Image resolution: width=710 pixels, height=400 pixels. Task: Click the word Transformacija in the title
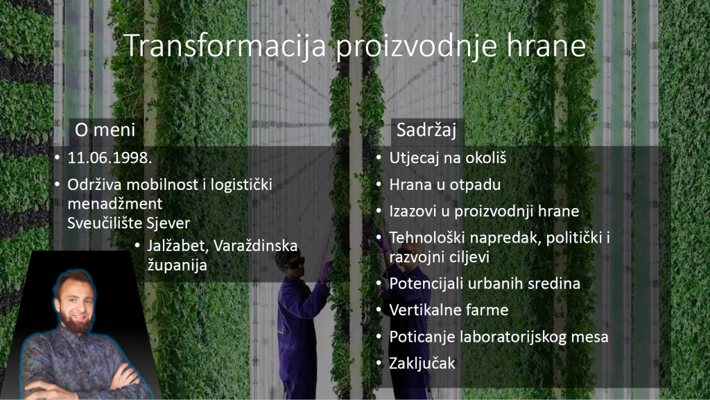[225, 46]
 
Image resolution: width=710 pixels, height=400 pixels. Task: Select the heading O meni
[105, 130]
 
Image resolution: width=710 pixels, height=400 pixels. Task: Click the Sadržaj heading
[426, 130]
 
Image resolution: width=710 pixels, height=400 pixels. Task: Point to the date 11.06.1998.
[110, 157]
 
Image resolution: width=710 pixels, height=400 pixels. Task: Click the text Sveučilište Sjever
[128, 223]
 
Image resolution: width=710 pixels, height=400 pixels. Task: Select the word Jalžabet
[178, 246]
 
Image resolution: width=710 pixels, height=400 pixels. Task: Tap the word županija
[177, 265]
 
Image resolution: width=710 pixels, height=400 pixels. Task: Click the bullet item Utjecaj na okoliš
[447, 158]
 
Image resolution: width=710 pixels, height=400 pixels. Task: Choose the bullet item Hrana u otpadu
[444, 184]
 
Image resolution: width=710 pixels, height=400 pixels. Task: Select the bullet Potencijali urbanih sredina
[485, 284]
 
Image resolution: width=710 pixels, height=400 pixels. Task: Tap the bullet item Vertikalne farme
[449, 310]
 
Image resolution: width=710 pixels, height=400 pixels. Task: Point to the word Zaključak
[422, 363]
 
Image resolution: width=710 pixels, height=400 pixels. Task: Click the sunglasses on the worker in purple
[295, 263]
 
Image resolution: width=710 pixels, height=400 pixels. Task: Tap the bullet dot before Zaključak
[379, 364]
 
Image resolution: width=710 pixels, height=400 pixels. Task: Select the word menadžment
[114, 204]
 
